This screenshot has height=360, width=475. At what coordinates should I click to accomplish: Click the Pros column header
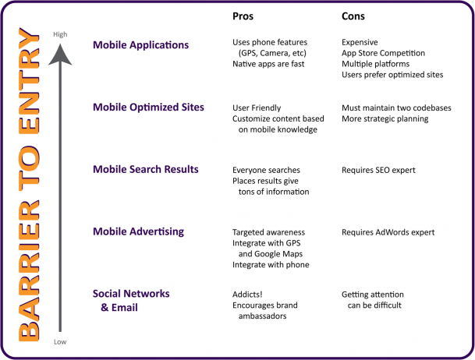point(243,16)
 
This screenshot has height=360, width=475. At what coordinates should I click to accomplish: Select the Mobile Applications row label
point(140,44)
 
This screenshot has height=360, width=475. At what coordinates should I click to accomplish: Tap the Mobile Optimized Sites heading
point(148,107)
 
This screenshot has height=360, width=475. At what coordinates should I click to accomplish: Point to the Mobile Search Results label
point(145,169)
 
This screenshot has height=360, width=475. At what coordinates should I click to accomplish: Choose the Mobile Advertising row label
point(138,231)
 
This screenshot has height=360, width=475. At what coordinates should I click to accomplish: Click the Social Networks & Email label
point(131,300)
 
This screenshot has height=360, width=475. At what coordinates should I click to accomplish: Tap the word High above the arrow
point(60,34)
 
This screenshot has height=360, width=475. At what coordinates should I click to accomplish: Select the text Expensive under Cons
point(360,42)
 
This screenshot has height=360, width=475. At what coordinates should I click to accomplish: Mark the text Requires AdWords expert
point(388,232)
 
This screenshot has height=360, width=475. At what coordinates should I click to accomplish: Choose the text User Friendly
point(257,108)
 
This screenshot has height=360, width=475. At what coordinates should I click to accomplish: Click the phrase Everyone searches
point(266,170)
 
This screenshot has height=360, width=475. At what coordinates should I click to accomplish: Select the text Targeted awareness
point(268,232)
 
